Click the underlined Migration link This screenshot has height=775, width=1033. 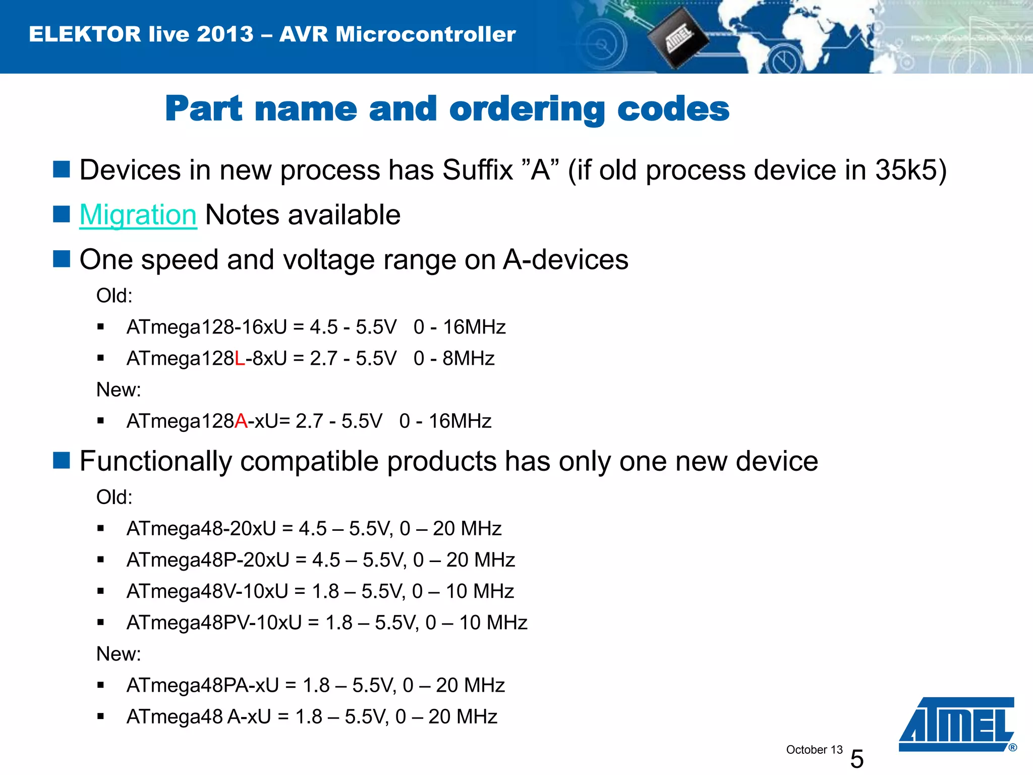pos(138,215)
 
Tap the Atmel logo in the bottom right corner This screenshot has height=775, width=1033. pos(956,724)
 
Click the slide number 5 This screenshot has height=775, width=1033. pos(857,758)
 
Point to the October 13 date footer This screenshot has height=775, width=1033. pos(814,750)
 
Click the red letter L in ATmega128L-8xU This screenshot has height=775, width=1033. pos(240,359)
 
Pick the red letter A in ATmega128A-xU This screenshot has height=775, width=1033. pos(241,421)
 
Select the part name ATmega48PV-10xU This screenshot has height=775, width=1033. pos(214,623)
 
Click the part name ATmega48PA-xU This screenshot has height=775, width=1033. pos(203,686)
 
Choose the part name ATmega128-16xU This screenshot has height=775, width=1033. pos(207,327)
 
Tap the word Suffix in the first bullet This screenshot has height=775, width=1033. pos(478,170)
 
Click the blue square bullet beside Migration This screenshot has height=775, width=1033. pos(62,214)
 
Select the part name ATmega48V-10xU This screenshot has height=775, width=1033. pos(207,591)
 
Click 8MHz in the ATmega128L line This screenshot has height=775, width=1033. pos(469,359)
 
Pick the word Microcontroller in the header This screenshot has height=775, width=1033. pos(426,34)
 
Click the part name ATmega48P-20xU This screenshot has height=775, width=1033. pos(208,560)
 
